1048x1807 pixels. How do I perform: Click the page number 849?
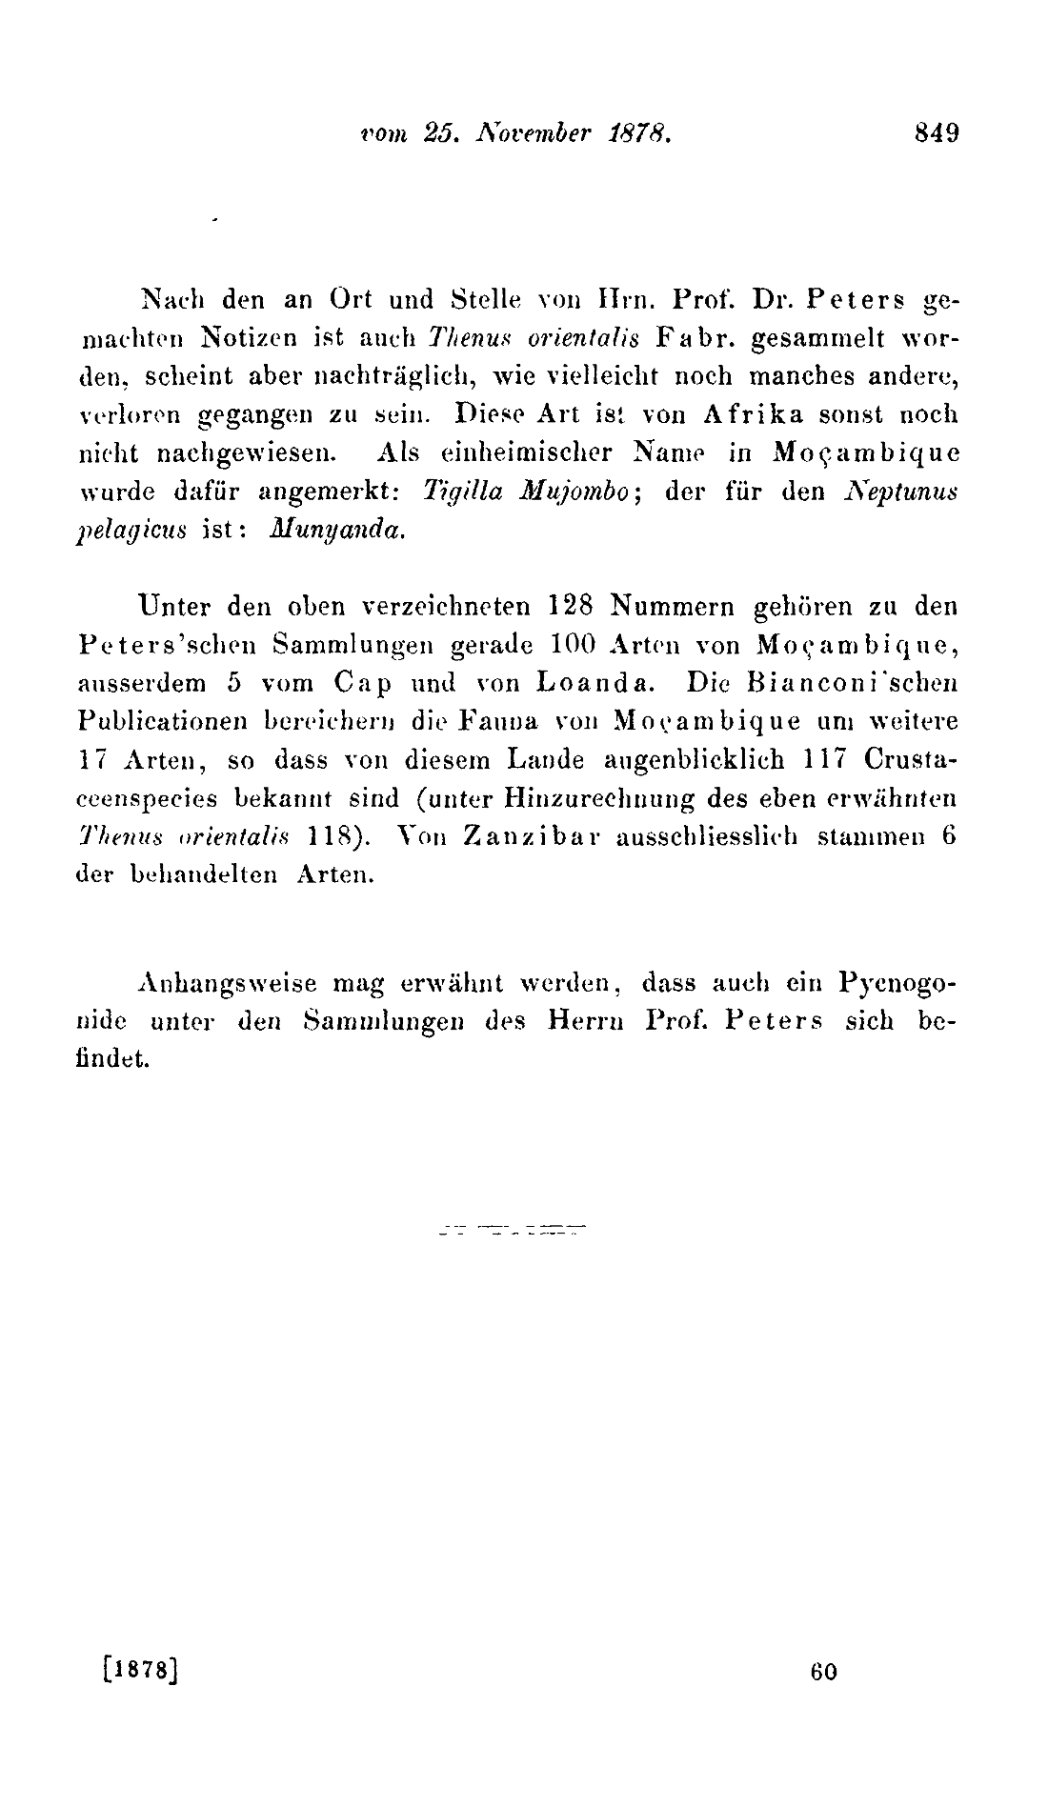click(936, 132)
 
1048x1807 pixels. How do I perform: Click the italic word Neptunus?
click(900, 491)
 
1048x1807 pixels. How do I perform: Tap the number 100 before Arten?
click(573, 645)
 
